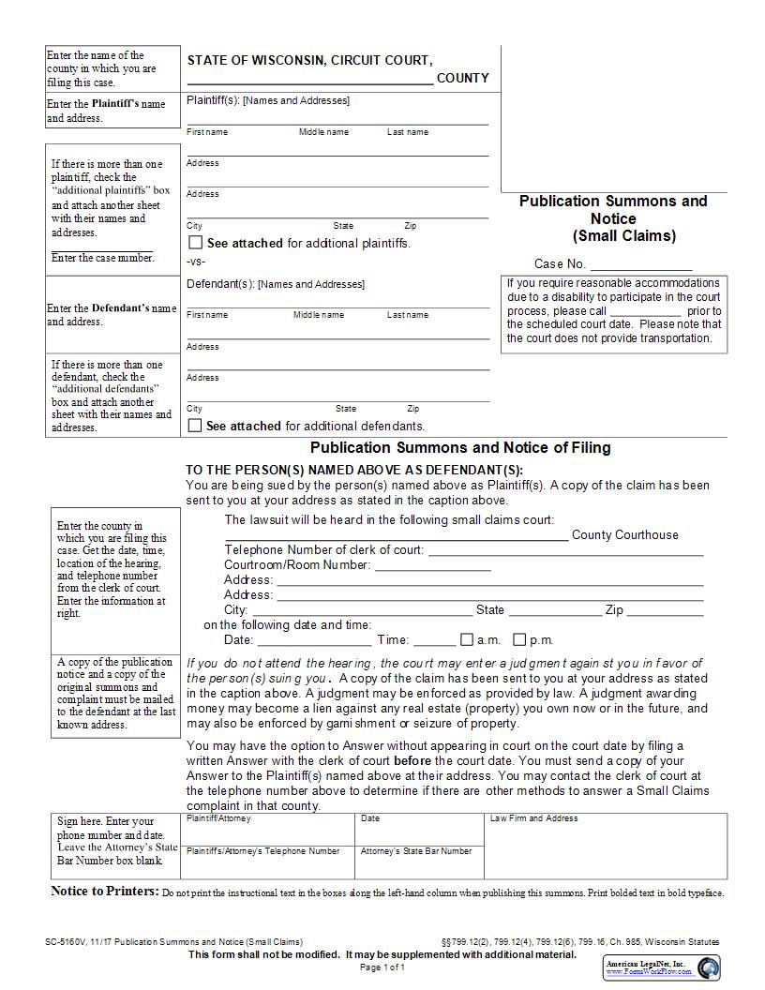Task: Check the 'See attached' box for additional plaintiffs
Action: pos(195,243)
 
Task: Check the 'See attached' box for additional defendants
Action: pos(195,426)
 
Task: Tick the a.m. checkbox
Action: pos(467,640)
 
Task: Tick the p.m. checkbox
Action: pos(519,640)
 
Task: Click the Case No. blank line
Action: pos(640,265)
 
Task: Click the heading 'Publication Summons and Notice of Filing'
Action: pos(460,448)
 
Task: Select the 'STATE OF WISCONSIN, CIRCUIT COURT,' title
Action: pos(309,61)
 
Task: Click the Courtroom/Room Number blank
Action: pos(432,566)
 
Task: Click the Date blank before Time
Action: pos(314,641)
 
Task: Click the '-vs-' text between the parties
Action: pos(196,262)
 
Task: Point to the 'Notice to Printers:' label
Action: pos(104,892)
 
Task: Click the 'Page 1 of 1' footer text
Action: pos(382,967)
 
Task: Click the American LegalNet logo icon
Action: pos(709,967)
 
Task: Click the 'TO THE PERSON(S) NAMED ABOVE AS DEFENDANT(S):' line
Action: pos(354,471)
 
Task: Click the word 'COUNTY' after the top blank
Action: pos(463,79)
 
